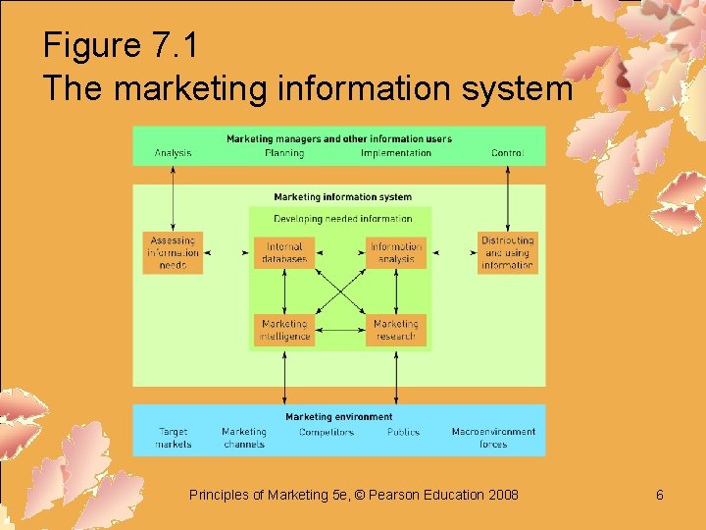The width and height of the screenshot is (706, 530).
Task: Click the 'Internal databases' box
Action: coord(284,253)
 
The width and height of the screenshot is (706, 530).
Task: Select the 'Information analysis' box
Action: coord(396,253)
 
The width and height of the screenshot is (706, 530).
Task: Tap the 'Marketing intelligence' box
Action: coord(284,330)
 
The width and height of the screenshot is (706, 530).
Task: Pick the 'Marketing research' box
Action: coord(396,330)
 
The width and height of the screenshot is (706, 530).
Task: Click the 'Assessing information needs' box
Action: coord(173,253)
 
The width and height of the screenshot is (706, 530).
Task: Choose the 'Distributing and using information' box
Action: coord(507,253)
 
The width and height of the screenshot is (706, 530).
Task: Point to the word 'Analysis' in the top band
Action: coord(173,153)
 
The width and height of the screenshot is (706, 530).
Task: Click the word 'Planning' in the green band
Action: coord(284,153)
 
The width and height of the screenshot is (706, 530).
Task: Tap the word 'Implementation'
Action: coord(396,153)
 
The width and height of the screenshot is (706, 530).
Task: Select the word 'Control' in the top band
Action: coord(507,153)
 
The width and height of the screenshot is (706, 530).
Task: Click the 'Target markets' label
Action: coord(174,438)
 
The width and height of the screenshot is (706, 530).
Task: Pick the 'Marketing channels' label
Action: coord(244,438)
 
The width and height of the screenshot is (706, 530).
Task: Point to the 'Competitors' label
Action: coord(327,432)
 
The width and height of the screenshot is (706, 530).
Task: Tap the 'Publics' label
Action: coord(403,432)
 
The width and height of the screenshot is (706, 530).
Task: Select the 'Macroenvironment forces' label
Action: coord(493,438)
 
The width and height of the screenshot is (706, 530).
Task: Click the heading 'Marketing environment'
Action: coord(339,417)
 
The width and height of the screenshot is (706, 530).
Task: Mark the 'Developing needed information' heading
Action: coord(343,219)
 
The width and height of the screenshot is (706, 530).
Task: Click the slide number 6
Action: coord(660,495)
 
